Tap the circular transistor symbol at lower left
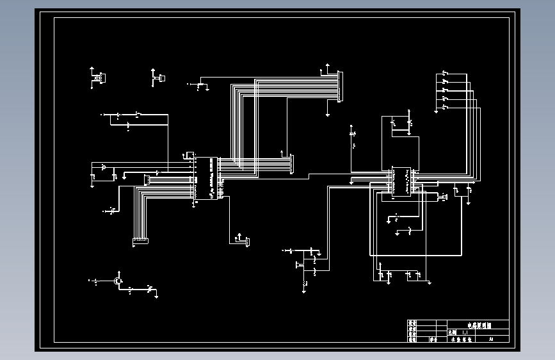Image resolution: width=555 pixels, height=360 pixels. tap(118, 281)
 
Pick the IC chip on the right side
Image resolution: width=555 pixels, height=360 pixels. tap(401, 181)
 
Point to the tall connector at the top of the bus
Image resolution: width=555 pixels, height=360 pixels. tap(341, 86)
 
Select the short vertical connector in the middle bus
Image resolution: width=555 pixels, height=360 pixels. tap(292, 163)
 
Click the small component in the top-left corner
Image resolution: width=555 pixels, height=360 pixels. tap(101, 78)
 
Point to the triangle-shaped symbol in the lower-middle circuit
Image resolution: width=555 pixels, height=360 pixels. tap(298, 264)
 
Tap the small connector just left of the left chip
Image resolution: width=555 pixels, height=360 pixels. tap(147, 179)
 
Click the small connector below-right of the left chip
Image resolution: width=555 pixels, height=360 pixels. tap(247, 241)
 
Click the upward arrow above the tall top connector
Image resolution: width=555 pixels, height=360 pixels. tap(328, 65)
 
